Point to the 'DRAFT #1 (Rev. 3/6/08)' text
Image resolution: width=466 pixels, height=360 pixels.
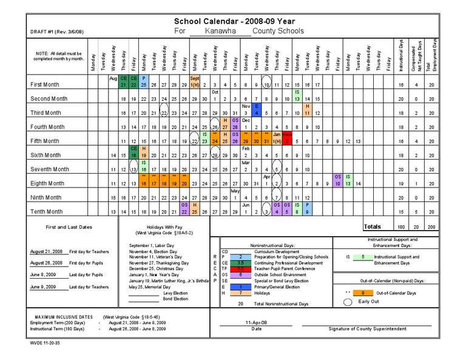click(x=57, y=32)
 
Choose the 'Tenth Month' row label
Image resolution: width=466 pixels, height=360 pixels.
click(x=47, y=212)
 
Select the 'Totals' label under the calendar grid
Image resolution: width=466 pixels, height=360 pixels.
click(x=373, y=227)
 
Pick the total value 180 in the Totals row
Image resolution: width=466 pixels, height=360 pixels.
click(x=400, y=227)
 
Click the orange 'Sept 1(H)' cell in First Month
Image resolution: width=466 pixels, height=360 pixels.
click(x=195, y=82)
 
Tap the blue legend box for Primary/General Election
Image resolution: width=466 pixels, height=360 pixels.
click(x=241, y=287)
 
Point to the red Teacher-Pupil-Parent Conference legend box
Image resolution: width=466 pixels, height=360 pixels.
click(x=241, y=269)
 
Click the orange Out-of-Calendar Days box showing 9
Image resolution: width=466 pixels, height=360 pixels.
click(x=362, y=293)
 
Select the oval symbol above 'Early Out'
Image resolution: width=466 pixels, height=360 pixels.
click(x=346, y=302)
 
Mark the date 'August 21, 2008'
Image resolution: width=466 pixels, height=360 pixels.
click(x=46, y=251)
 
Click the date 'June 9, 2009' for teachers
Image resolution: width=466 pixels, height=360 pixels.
click(x=43, y=287)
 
